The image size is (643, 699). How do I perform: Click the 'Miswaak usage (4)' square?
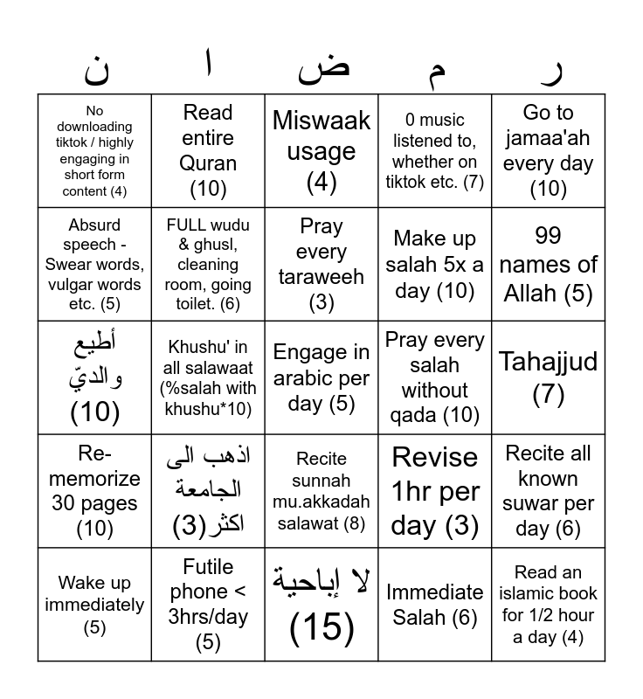tap(321, 150)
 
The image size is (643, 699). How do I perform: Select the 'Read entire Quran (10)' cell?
tap(208, 150)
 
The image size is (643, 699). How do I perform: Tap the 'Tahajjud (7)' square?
tap(549, 377)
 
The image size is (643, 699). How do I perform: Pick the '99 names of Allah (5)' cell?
tap(549, 264)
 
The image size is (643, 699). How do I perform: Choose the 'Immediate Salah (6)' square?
tap(435, 605)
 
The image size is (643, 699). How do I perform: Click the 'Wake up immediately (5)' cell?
tap(94, 605)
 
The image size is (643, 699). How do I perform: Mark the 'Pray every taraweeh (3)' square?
tap(321, 264)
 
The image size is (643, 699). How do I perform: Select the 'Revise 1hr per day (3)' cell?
tap(435, 491)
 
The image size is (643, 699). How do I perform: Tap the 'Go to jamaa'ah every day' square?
tap(549, 150)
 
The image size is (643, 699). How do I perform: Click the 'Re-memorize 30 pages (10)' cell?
tap(94, 491)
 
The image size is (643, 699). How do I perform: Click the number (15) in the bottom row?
tap(321, 627)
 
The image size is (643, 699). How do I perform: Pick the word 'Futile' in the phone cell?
tap(208, 566)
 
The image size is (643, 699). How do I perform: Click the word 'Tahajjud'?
tap(549, 362)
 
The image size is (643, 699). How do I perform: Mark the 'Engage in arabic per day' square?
tap(321, 377)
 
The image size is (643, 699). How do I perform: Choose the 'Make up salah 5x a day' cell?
tap(435, 264)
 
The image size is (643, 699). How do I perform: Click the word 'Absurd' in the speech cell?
tap(94, 225)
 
